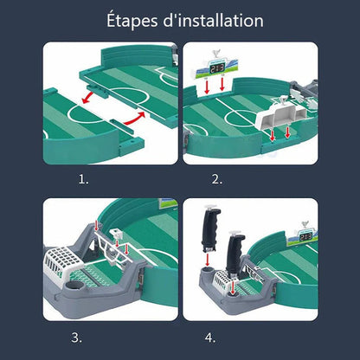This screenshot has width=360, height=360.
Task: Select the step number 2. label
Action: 216,179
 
